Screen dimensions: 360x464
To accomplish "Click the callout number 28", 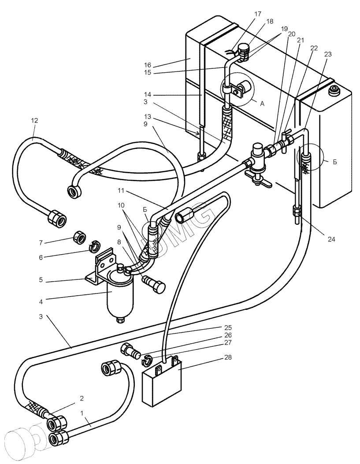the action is click(228, 357).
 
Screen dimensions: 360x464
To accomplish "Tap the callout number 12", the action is click(34, 120).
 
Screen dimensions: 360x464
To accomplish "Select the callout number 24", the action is click(331, 239).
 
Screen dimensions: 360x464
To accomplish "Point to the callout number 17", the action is click(258, 14).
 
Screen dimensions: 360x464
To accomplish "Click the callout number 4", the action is click(41, 302).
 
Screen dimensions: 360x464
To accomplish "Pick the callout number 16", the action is click(148, 65).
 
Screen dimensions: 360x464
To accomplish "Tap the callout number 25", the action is click(228, 327).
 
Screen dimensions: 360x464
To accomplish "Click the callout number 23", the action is click(328, 54).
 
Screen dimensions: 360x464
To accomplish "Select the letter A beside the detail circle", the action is click(262, 104).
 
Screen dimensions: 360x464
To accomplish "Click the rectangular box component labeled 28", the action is click(162, 380).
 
